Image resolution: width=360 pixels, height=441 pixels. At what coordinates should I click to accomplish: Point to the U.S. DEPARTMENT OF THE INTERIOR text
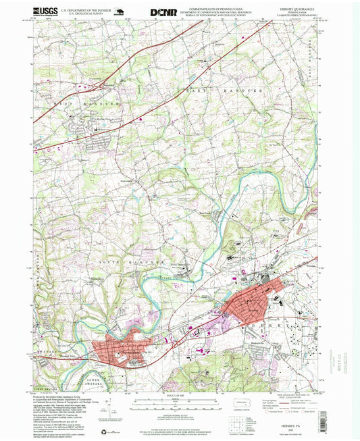pos(85,9)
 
